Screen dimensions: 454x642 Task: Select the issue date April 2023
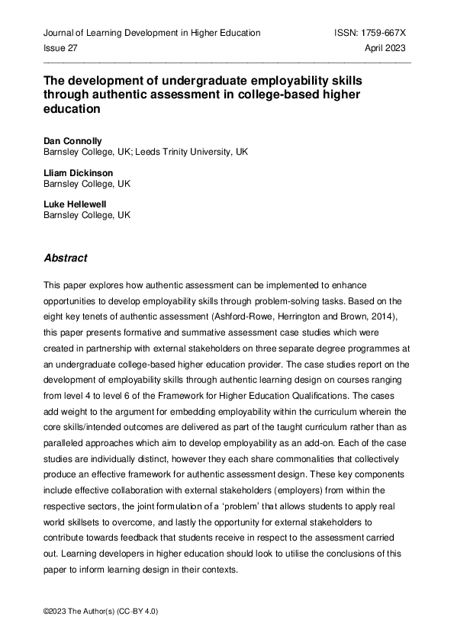(x=385, y=47)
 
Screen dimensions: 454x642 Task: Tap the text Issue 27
(x=60, y=47)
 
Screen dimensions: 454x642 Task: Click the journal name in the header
(x=152, y=33)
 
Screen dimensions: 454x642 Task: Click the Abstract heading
(x=66, y=258)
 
